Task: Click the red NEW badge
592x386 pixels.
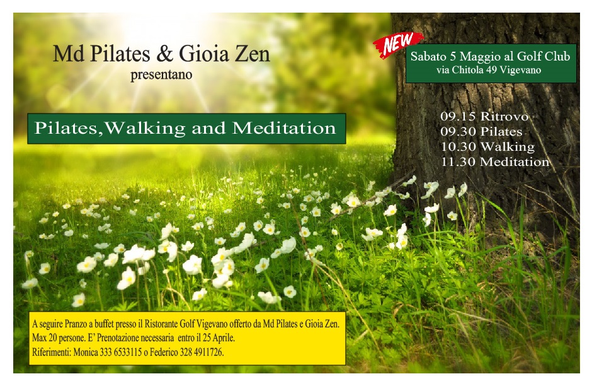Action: tap(398, 44)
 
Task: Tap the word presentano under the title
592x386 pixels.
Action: tap(161, 74)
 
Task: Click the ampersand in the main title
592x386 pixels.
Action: tap(164, 54)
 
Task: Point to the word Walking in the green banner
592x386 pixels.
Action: tap(145, 128)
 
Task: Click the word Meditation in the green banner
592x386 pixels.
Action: tap(284, 128)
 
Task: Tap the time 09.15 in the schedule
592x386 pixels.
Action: tap(458, 116)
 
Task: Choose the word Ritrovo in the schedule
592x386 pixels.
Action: tap(504, 116)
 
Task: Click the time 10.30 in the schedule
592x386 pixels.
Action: tap(458, 146)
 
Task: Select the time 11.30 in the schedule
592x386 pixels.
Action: tap(458, 161)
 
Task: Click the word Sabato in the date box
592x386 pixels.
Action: tap(428, 56)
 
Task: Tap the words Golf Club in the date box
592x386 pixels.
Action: tap(544, 56)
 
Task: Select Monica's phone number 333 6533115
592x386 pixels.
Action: tap(121, 353)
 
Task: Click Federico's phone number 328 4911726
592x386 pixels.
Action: tap(202, 353)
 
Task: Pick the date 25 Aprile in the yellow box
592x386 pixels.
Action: tap(219, 337)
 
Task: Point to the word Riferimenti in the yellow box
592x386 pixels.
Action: tap(51, 353)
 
